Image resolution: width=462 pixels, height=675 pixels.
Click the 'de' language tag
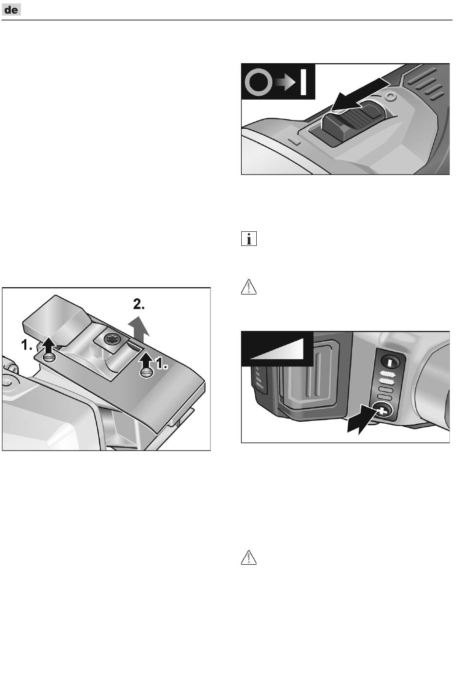[x=11, y=10]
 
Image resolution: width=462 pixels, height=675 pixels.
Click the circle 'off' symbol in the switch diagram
[x=257, y=83]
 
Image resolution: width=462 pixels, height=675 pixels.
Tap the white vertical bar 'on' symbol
[x=303, y=82]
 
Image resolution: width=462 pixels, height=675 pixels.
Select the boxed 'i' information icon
[x=249, y=239]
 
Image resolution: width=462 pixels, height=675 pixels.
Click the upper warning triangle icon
[x=249, y=287]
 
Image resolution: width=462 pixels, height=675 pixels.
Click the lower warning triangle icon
[x=249, y=557]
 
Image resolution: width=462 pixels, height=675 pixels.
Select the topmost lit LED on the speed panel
[x=387, y=375]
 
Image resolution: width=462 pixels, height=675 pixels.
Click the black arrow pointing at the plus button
[x=362, y=420]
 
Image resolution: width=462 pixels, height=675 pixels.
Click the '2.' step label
[x=139, y=305]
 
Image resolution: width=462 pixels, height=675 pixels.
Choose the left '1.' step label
[x=27, y=345]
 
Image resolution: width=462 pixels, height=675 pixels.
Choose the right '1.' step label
[x=161, y=364]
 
